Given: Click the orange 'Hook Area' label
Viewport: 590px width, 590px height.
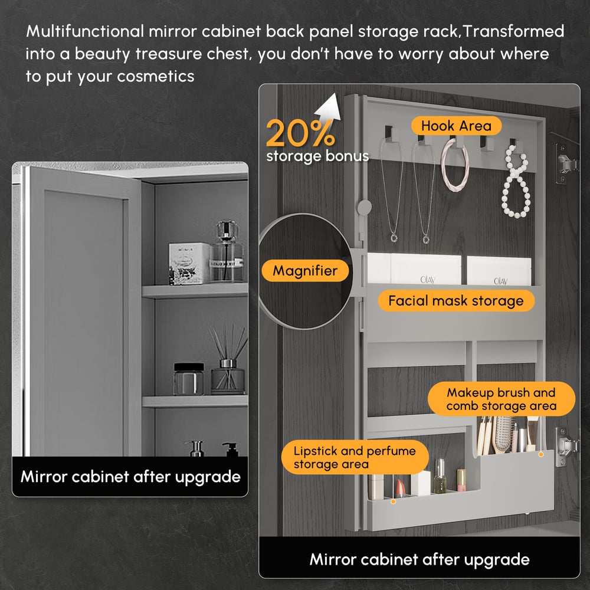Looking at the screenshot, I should (456, 126).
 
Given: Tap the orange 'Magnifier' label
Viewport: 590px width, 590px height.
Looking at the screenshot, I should (305, 271).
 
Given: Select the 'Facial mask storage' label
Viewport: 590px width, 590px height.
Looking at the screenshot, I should (455, 301).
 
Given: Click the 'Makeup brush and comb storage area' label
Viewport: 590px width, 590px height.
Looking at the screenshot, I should (501, 399).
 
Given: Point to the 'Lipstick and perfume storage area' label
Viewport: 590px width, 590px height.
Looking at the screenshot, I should (355, 458).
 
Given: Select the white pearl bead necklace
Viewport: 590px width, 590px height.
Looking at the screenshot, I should (515, 183).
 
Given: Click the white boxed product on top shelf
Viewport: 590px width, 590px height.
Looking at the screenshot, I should (189, 263).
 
